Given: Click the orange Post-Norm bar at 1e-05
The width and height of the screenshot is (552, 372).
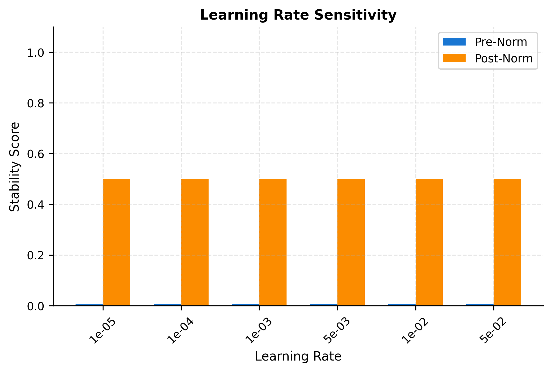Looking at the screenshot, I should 116,242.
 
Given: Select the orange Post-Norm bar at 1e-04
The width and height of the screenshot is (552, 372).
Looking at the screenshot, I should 195,242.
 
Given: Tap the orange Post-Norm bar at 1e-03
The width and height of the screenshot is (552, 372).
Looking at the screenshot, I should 273,242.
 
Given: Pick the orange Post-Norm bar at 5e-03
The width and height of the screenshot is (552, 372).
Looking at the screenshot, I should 351,242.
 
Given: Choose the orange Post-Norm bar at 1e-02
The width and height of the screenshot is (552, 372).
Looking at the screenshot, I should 429,242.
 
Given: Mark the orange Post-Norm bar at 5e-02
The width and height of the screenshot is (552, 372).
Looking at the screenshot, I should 507,242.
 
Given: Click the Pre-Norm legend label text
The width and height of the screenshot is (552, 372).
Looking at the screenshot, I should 501,42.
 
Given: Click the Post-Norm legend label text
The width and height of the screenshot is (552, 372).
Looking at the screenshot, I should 504,58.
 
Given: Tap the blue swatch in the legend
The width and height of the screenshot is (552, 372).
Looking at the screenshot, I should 454,42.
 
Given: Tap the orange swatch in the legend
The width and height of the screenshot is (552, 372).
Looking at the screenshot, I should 454,58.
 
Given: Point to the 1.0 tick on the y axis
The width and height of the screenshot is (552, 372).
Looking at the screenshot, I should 36,53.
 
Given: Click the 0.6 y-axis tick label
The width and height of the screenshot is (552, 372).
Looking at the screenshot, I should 36,154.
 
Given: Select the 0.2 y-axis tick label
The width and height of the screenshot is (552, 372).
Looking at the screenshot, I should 36,255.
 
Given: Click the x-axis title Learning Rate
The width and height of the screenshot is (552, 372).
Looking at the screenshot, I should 298,357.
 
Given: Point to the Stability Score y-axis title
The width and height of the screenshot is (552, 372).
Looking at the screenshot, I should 14,167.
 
